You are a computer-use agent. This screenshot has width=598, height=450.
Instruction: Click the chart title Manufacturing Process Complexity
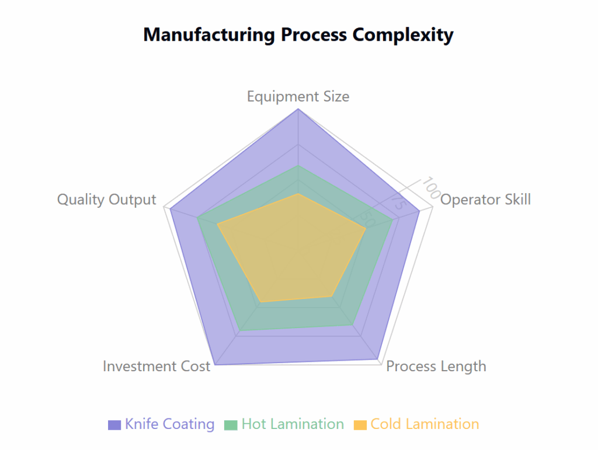[298, 35]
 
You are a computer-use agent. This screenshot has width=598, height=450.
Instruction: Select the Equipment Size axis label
[298, 96]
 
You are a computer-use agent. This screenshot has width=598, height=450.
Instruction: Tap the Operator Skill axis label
[485, 199]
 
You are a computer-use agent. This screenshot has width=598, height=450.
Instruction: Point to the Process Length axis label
[436, 366]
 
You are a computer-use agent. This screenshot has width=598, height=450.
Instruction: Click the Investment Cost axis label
[157, 366]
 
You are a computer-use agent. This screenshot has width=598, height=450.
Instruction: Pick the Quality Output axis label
[107, 199]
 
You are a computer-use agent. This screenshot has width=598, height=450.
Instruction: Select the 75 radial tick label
[398, 201]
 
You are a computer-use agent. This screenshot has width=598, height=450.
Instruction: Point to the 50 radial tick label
[368, 219]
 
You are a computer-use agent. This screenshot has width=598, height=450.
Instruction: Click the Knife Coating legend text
[170, 424]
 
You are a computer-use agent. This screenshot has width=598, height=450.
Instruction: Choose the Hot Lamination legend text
[293, 424]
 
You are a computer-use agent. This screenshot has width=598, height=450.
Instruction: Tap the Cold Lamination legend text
[425, 424]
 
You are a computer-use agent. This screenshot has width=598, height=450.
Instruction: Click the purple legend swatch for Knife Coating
[114, 425]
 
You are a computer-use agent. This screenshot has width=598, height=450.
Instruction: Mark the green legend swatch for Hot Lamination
[231, 425]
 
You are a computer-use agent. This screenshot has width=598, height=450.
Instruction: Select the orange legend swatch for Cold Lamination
[360, 425]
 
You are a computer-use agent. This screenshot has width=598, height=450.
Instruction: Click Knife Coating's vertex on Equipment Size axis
[298, 109]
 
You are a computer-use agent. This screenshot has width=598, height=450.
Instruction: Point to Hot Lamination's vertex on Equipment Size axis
[298, 166]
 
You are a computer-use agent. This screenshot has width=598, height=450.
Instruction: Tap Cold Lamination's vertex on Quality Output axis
[217, 225]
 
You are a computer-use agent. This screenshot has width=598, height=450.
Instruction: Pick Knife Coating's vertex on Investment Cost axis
[215, 365]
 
